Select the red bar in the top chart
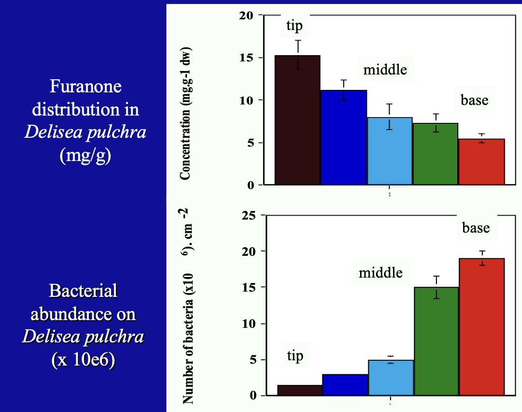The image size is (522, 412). point(481,162)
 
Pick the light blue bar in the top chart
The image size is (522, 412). point(390,151)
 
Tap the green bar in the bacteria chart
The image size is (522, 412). point(436,341)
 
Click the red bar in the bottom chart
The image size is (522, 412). point(481,327)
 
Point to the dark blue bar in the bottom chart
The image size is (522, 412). point(345,385)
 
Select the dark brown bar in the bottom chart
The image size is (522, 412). point(299,390)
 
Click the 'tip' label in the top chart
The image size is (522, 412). point(294,26)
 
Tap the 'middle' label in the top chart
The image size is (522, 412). point(385,70)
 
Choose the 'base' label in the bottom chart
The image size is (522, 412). point(476,227)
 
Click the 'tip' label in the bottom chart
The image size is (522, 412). point(295,356)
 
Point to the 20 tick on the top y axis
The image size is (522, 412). point(246,15)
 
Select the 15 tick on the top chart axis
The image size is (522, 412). point(246,58)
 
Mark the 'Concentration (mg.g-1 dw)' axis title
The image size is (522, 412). point(186,114)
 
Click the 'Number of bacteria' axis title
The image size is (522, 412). point(188,338)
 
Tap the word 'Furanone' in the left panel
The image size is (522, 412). point(85,87)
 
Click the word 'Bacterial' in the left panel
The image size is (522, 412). point(83,291)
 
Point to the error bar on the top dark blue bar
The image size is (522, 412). point(344,89)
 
